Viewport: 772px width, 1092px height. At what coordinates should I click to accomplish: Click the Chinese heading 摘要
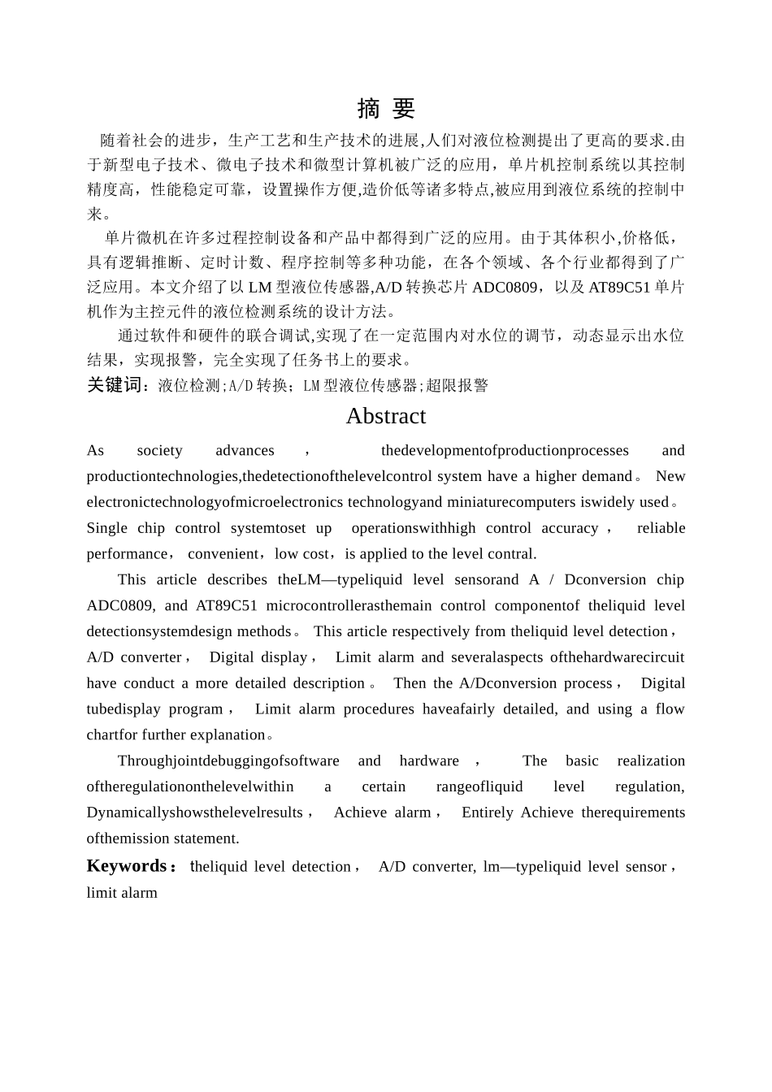click(x=386, y=109)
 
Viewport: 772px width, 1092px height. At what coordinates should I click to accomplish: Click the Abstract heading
click(x=386, y=416)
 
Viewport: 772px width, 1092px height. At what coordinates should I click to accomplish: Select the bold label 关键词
click(x=117, y=386)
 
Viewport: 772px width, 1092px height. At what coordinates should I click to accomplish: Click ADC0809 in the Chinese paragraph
click(x=504, y=287)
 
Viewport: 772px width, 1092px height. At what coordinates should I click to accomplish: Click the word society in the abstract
click(x=159, y=450)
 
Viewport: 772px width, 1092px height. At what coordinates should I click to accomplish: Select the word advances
click(x=245, y=450)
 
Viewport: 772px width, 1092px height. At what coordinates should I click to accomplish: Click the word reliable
click(x=661, y=528)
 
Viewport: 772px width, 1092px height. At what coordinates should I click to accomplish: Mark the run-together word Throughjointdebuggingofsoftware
click(x=228, y=760)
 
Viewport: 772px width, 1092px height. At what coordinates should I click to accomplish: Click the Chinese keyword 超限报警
click(x=457, y=386)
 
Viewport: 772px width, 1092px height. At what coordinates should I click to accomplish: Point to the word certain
click(x=384, y=786)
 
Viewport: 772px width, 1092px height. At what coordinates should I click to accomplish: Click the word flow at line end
click(x=670, y=708)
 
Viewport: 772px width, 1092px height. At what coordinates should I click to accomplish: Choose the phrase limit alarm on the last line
click(x=122, y=892)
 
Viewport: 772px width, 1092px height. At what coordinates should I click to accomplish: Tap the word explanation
click(x=228, y=734)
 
